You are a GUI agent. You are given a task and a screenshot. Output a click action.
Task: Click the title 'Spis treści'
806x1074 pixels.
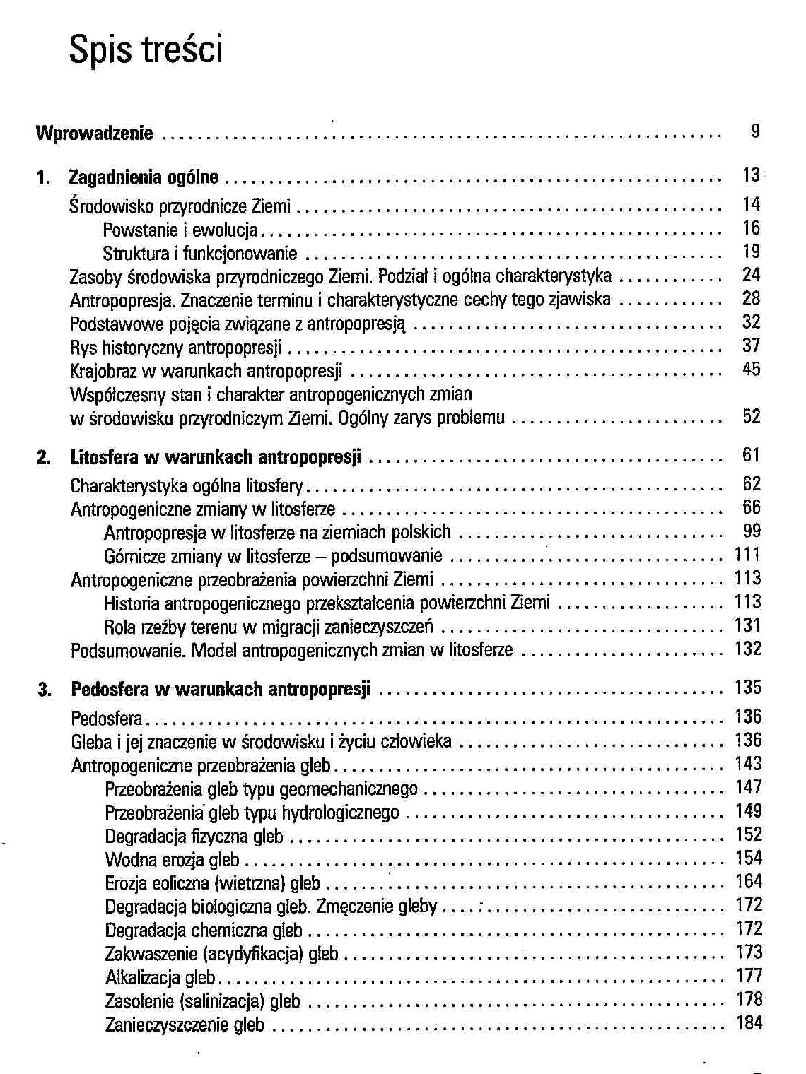click(146, 50)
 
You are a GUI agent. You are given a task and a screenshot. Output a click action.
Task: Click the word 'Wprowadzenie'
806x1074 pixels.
click(94, 133)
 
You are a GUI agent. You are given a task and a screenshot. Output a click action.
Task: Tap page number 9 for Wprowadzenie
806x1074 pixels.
click(755, 131)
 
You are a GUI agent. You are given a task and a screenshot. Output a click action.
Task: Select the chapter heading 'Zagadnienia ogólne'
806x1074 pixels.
click(144, 177)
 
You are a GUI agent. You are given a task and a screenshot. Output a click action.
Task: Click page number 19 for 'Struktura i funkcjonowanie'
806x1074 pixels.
click(751, 252)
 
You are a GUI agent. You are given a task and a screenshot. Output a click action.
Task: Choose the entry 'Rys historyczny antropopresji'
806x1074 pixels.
click(175, 347)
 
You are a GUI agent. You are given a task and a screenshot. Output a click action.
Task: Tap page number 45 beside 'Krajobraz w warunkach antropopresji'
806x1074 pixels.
click(751, 369)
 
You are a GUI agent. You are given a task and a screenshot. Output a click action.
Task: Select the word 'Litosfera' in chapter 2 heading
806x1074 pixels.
click(105, 457)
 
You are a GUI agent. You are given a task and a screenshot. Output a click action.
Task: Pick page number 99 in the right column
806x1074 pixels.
click(751, 531)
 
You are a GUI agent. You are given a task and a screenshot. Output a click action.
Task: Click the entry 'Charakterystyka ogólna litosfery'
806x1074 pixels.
click(187, 486)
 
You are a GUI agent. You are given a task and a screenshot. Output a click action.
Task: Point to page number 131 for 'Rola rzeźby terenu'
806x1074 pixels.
click(747, 625)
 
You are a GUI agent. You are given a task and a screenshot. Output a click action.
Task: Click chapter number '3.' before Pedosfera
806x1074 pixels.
click(45, 689)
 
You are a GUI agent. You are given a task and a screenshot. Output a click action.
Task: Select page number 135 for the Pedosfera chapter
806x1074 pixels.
click(747, 688)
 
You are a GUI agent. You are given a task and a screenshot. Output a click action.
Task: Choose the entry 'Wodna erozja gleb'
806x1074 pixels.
click(172, 861)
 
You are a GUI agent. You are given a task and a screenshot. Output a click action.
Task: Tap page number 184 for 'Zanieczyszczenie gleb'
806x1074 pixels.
click(749, 1022)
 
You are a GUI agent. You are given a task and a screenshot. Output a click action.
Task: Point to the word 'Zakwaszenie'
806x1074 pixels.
click(151, 955)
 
